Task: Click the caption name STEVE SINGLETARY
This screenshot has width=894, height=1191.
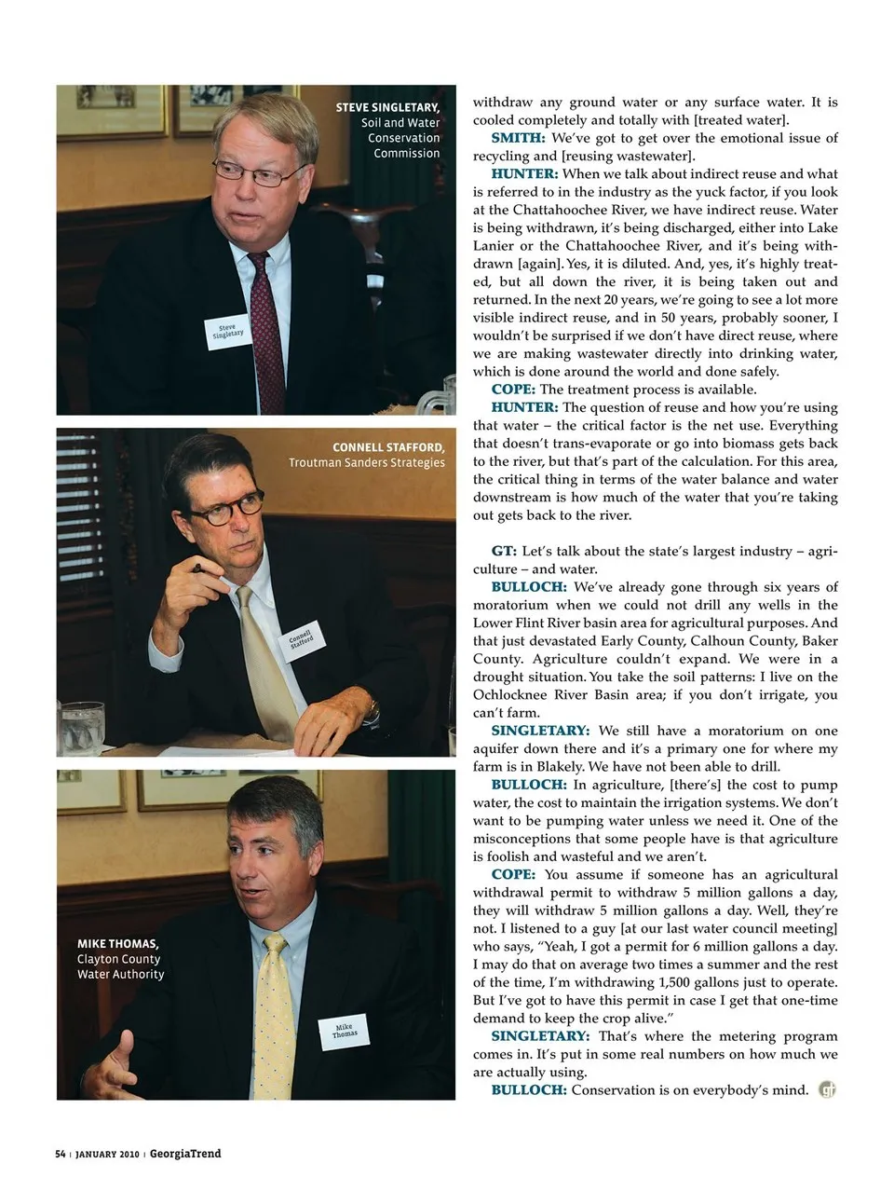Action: point(387,107)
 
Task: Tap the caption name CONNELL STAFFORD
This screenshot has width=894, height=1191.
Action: point(388,447)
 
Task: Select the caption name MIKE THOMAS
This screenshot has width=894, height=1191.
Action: point(117,943)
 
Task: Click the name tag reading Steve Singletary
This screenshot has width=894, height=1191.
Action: point(227,333)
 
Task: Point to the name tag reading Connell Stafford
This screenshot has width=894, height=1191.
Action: point(302,640)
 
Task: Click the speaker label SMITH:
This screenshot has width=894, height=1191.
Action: point(518,138)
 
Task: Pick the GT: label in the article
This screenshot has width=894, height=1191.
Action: point(504,551)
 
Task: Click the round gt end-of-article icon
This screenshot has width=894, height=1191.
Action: point(827,1088)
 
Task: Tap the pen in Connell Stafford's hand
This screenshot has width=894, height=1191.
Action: point(202,568)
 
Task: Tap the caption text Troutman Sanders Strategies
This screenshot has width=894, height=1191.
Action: point(366,462)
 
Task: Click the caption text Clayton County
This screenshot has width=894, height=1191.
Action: point(118,959)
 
